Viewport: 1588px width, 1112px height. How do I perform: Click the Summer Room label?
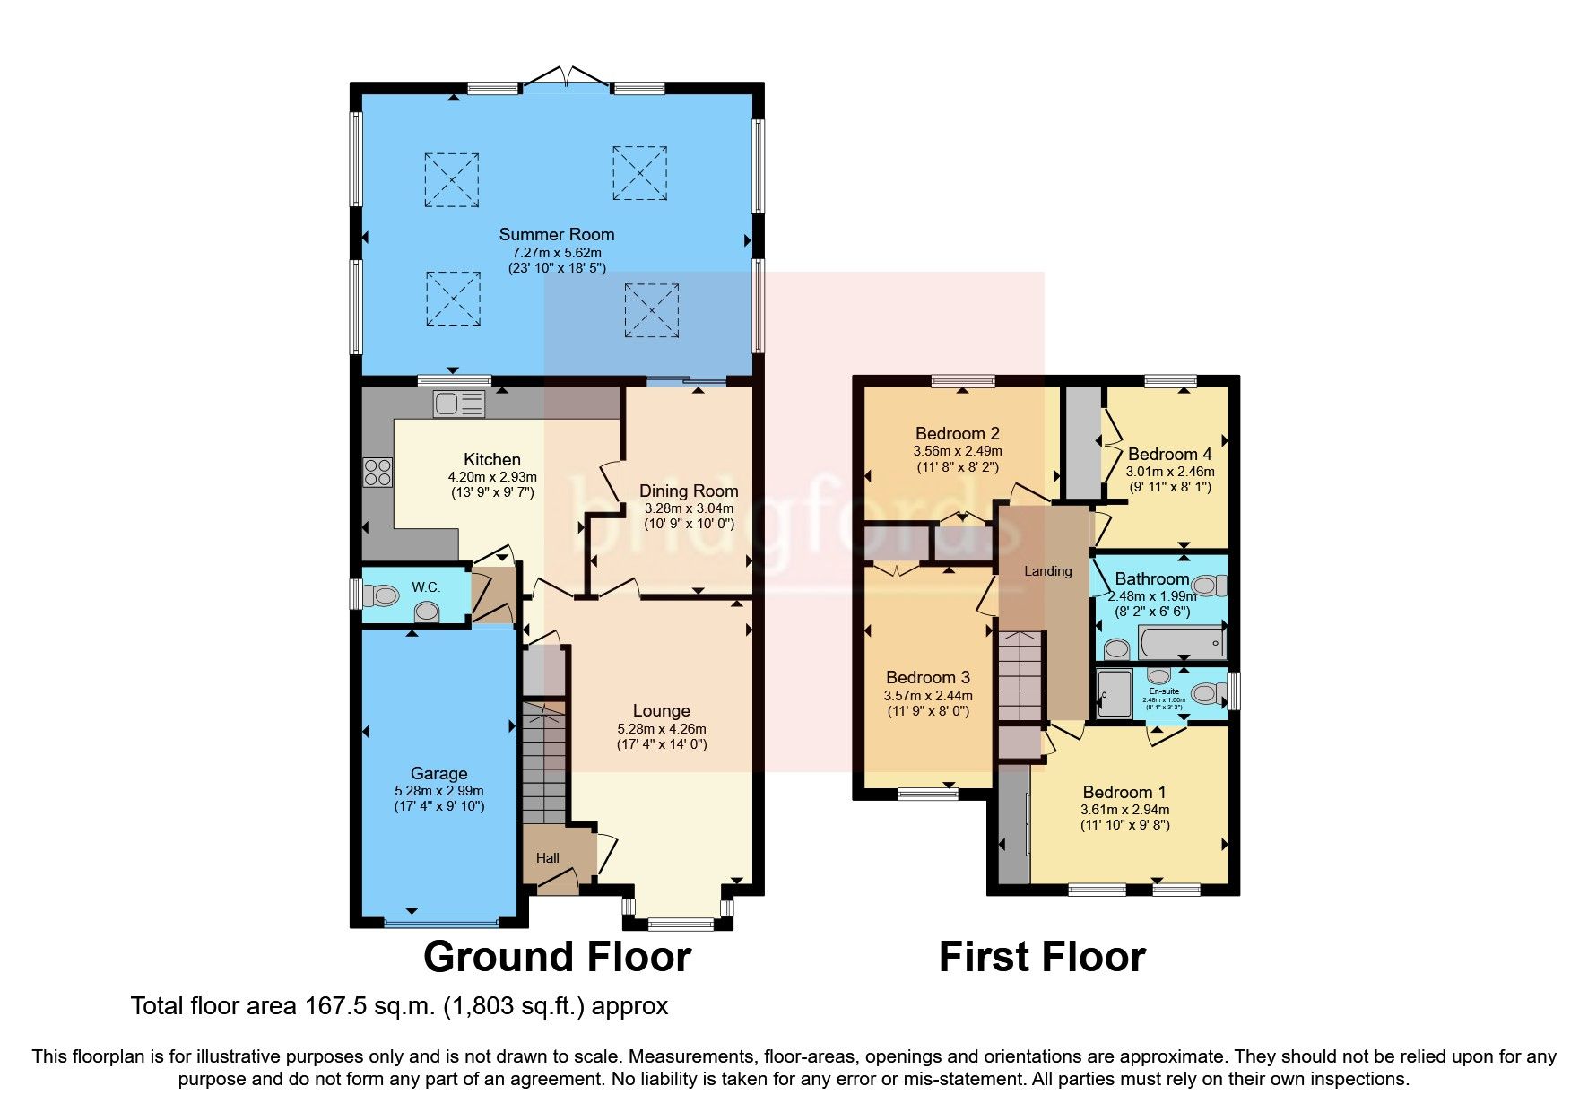[x=557, y=235]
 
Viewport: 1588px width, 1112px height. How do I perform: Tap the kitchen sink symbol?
[x=459, y=404]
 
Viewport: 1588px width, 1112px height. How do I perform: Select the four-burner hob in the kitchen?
[x=377, y=472]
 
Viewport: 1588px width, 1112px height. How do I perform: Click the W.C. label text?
[x=426, y=587]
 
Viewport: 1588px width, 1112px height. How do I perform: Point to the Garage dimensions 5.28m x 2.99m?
[x=438, y=791]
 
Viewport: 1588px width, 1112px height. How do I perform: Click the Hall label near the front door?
[x=547, y=858]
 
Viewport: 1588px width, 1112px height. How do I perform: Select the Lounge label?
[x=661, y=711]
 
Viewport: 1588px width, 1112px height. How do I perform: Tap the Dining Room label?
[x=689, y=491]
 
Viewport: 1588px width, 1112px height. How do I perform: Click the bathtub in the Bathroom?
[x=1181, y=643]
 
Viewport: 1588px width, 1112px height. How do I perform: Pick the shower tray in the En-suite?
[x=1115, y=693]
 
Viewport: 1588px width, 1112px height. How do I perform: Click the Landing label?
[x=1047, y=571]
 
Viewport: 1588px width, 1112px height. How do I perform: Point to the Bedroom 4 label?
[x=1169, y=454]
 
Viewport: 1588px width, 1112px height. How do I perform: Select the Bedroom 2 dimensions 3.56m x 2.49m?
[x=958, y=451]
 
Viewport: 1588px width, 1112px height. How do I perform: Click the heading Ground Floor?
[x=557, y=957]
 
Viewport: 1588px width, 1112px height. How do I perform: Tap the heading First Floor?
[x=1042, y=957]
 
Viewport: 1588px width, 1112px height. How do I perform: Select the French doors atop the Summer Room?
[x=565, y=79]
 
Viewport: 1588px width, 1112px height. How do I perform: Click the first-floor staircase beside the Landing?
[x=1022, y=675]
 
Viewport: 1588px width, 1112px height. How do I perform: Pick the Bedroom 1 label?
[x=1124, y=792]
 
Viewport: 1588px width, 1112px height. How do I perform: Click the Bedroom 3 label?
[x=928, y=677]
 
